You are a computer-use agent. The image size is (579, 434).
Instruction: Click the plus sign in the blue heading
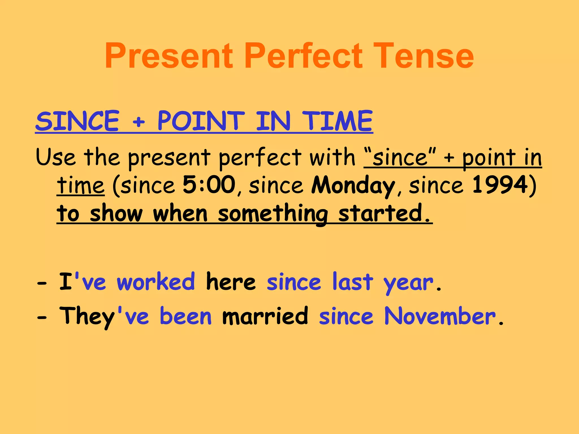(139, 122)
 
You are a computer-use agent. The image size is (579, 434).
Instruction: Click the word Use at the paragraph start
(56, 157)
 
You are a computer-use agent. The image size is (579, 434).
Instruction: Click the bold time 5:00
(209, 185)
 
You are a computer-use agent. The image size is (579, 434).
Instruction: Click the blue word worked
(156, 281)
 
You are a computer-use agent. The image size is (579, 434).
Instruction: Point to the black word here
(231, 281)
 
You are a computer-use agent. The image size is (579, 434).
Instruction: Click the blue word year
(408, 283)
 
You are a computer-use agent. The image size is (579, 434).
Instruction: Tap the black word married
(265, 316)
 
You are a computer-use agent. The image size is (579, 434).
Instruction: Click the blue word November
(440, 316)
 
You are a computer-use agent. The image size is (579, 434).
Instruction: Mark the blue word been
(185, 316)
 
